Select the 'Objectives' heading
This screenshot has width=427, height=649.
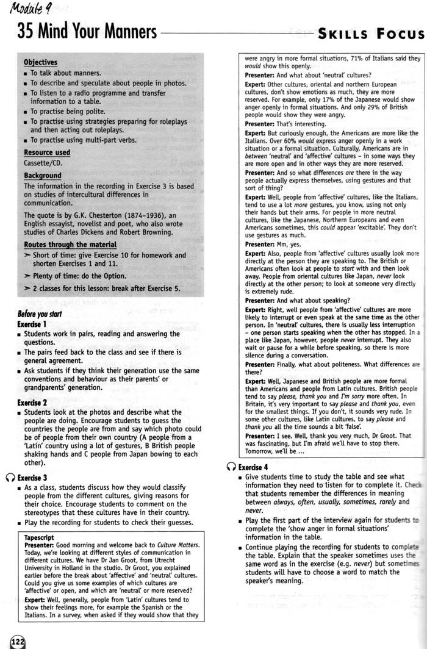[40, 62]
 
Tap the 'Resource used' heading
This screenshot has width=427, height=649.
[47, 152]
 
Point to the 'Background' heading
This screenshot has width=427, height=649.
[42, 176]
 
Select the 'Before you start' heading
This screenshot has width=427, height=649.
[42, 314]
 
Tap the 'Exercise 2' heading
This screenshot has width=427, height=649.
[32, 403]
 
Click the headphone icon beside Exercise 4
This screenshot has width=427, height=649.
[229, 467]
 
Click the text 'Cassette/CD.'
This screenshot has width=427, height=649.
[43, 163]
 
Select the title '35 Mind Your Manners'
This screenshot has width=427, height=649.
[87, 32]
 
